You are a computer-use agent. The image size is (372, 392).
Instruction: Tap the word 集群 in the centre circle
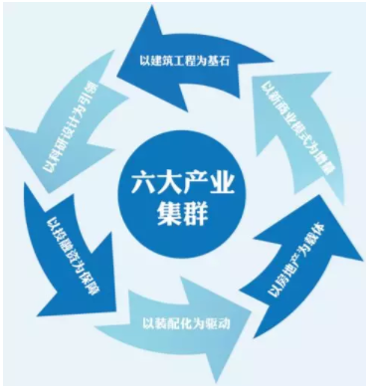tap(186, 211)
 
